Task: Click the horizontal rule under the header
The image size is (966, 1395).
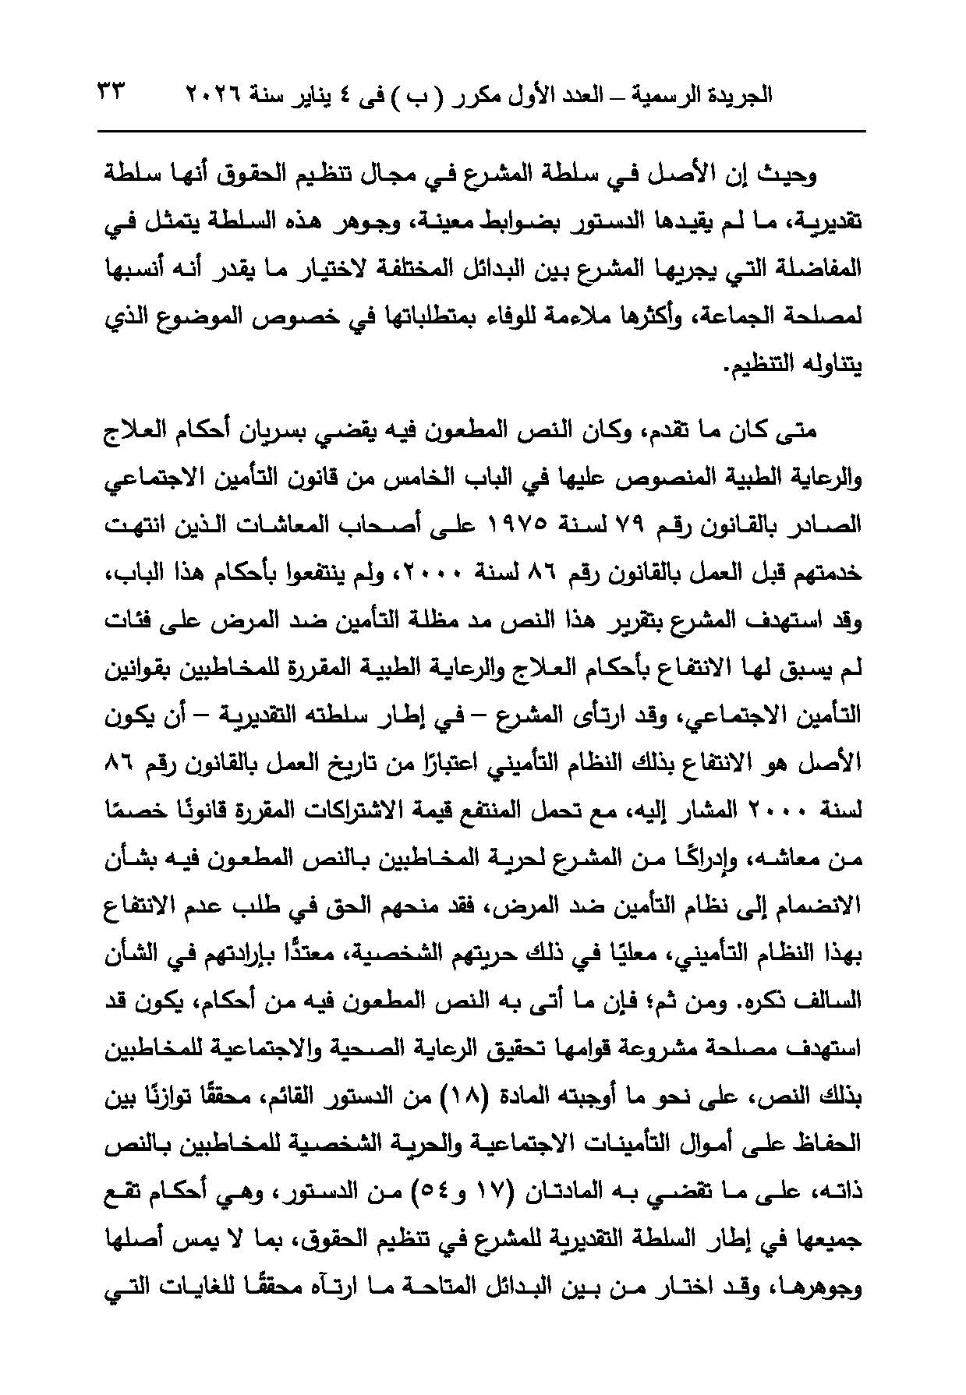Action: click(483, 131)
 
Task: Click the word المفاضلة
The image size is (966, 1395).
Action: click(822, 269)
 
